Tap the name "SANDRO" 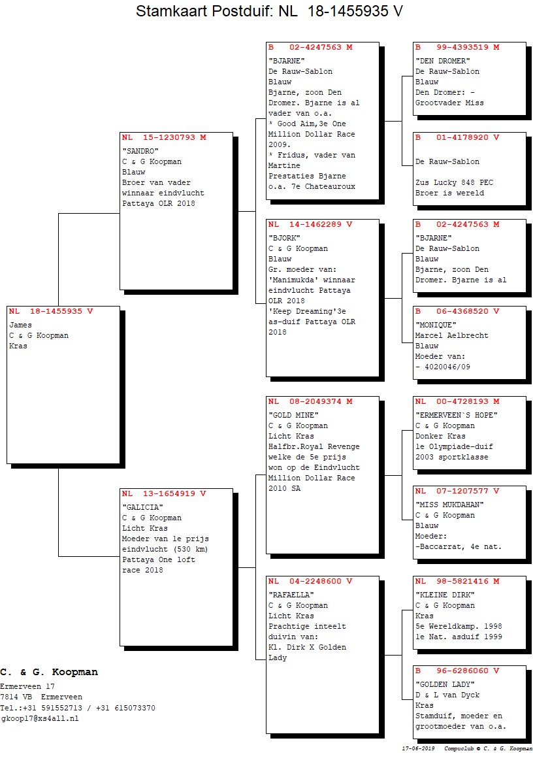tap(140, 151)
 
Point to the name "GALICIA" tap(142, 507)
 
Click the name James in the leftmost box tap(20, 325)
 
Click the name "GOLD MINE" tap(293, 415)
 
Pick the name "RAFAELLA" tap(291, 595)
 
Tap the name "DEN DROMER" tap(443, 61)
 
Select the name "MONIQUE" tap(436, 324)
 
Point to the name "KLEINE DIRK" tap(445, 595)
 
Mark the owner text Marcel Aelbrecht tap(451, 335)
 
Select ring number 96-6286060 tap(462, 671)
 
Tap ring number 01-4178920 tap(462, 137)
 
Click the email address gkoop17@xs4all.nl tap(40, 718)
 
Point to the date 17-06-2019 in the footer tap(418, 748)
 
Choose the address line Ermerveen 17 tap(27, 686)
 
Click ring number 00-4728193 tap(462, 401)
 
